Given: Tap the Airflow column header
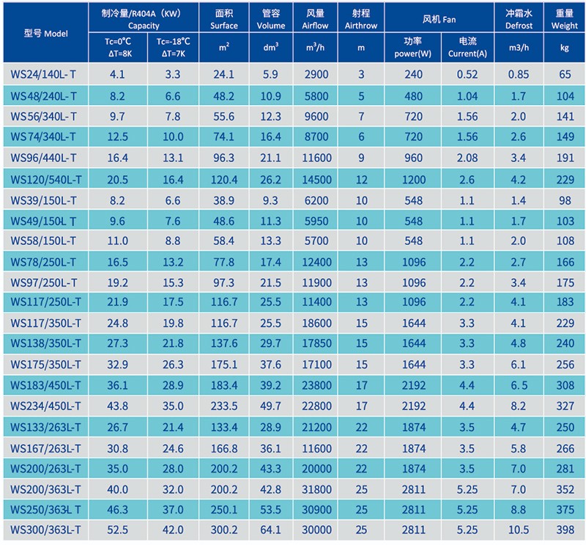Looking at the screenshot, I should pyautogui.click(x=316, y=19).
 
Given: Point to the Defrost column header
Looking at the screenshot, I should pyautogui.click(x=519, y=19).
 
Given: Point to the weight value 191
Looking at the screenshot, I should pyautogui.click(x=565, y=158).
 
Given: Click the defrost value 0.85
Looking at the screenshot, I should pyautogui.click(x=519, y=75).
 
